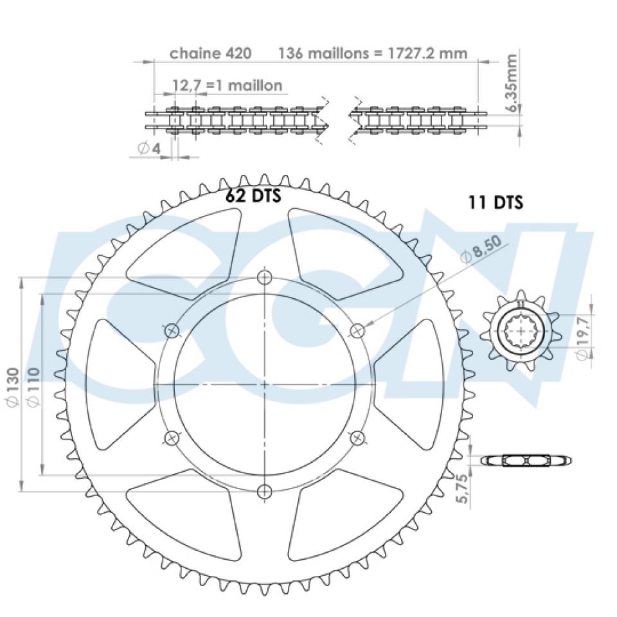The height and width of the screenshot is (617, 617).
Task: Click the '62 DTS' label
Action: [x=253, y=195]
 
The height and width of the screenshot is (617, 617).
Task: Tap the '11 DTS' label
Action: [x=496, y=202]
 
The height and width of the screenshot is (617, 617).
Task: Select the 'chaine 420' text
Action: [x=211, y=53]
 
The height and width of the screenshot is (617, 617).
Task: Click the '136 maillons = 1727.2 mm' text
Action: [x=373, y=53]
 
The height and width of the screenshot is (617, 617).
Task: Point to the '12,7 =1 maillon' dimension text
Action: [x=228, y=85]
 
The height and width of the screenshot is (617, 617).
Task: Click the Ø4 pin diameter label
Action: [x=149, y=148]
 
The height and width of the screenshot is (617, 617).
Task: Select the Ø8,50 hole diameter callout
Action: [x=481, y=249]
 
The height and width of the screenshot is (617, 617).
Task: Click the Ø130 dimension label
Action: [x=13, y=388]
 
